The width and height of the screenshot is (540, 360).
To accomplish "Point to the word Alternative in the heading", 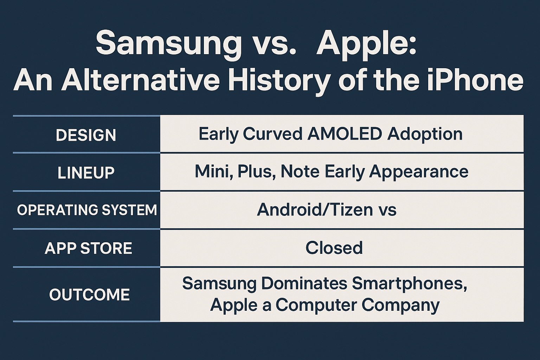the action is (x=140, y=80).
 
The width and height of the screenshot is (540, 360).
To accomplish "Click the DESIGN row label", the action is (x=86, y=135).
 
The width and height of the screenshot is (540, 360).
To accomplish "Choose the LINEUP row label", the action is (x=86, y=173).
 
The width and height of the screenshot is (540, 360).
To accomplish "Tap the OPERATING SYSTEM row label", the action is (x=87, y=210).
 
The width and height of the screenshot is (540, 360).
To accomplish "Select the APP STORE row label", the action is (x=88, y=248).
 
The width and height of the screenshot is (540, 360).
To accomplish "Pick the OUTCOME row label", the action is (x=89, y=294).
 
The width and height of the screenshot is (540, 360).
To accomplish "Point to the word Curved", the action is (x=272, y=134).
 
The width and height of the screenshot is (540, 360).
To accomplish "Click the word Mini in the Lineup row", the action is (x=214, y=172).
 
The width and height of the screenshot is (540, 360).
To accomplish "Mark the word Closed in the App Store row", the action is (x=334, y=247).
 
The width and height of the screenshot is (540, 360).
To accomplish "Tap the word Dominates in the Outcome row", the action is (x=304, y=283).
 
